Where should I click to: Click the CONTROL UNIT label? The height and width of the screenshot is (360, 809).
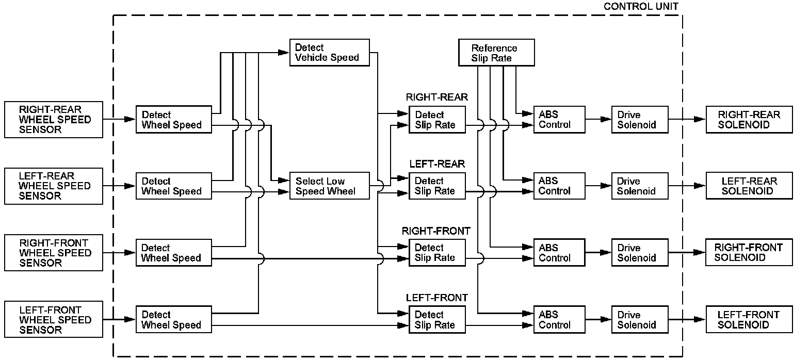click(x=641, y=7)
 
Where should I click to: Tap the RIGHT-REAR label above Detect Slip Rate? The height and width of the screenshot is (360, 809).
click(x=436, y=97)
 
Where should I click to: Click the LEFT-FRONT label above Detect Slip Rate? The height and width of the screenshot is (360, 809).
click(x=436, y=298)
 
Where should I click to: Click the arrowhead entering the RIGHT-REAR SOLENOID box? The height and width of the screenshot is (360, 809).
click(x=700, y=119)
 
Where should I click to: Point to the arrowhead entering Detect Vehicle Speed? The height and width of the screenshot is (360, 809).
click(x=284, y=53)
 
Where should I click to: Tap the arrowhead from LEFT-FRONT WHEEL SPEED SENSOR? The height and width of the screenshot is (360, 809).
click(x=130, y=319)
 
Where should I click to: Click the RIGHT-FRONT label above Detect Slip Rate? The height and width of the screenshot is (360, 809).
click(x=436, y=231)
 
